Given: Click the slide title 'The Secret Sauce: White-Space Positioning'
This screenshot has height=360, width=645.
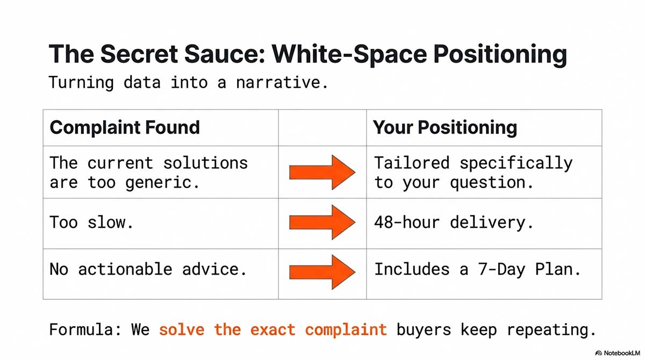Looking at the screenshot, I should tap(307, 55).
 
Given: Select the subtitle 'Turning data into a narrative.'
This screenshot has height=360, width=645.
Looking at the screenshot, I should tap(188, 83).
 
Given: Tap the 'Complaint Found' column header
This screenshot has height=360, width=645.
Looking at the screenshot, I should tap(125, 128).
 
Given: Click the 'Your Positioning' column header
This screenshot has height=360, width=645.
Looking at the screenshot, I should tap(445, 128).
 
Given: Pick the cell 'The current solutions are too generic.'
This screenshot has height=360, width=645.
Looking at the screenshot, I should tap(149, 172).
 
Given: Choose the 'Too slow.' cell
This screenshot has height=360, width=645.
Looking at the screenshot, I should tap(91, 222).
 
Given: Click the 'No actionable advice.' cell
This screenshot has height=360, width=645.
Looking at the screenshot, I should tap(148, 269).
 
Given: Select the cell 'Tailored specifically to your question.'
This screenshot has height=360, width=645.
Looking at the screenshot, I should tap(473, 172).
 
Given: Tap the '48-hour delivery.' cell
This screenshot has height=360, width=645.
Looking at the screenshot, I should tap(454, 222).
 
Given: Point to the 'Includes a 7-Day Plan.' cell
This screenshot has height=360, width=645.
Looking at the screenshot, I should tap(477, 269).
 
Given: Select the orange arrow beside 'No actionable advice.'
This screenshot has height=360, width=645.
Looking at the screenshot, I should tap(322, 272).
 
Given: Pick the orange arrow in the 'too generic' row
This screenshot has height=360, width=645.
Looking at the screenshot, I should tap(322, 172).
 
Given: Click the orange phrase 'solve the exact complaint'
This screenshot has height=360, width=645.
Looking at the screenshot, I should tap(273, 329).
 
